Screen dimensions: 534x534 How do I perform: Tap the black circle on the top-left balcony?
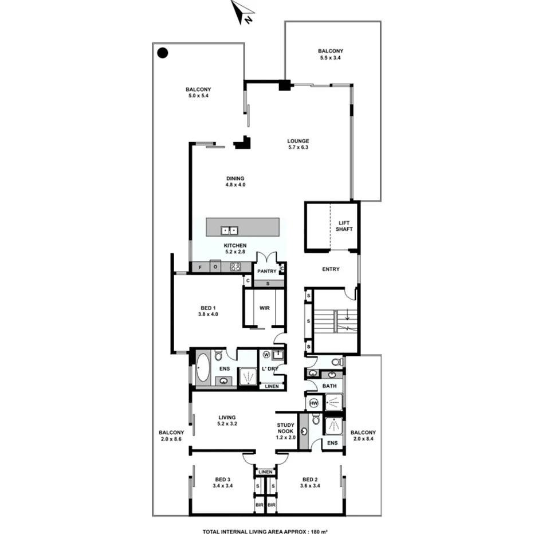click(x=162, y=53)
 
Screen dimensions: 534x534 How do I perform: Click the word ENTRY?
click(x=331, y=269)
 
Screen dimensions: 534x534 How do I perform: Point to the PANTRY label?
click(x=266, y=271)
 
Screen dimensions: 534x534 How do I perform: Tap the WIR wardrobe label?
click(x=264, y=308)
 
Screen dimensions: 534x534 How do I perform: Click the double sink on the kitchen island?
click(x=229, y=230)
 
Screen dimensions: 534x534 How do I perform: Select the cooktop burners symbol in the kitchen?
click(x=235, y=266)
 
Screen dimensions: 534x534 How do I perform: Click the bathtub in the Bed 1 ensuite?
click(x=203, y=368)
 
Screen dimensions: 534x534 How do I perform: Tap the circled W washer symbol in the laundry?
click(x=266, y=354)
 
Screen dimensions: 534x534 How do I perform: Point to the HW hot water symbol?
click(x=313, y=403)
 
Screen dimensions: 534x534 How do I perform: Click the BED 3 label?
click(x=222, y=480)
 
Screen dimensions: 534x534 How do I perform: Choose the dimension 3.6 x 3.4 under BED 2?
click(x=310, y=486)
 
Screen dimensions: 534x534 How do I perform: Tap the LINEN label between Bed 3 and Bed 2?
click(x=265, y=472)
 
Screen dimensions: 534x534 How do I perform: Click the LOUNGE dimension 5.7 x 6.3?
click(x=298, y=147)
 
